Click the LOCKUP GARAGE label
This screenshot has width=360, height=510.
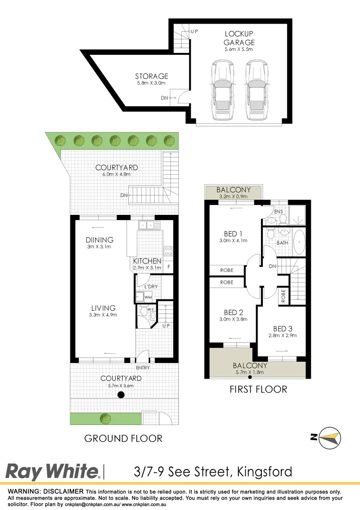pyautogui.click(x=239, y=38)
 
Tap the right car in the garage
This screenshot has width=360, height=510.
pyautogui.click(x=256, y=90)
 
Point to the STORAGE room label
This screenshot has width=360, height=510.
pyautogui.click(x=151, y=76)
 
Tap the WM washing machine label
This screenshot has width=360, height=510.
pyautogui.click(x=148, y=297)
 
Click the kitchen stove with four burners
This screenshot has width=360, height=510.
pyautogui.click(x=168, y=250)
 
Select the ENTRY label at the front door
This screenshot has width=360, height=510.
pyautogui.click(x=142, y=367)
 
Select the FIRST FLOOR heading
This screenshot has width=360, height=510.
pyautogui.click(x=258, y=390)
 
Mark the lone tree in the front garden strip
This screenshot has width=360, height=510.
pyautogui.click(x=105, y=418)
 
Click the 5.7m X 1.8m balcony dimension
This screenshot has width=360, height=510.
pyautogui.click(x=250, y=372)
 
